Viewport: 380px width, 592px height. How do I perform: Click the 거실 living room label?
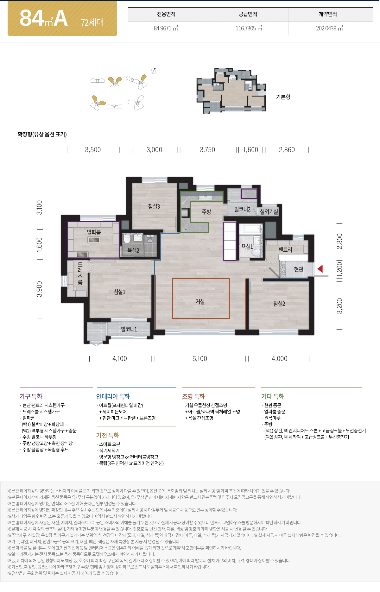coord(200,302)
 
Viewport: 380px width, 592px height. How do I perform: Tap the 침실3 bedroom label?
coord(154,206)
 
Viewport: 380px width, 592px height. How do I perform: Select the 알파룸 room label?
coord(94,232)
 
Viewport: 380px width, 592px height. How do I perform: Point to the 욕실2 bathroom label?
coord(133,250)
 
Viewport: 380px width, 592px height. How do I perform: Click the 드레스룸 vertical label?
coord(80,274)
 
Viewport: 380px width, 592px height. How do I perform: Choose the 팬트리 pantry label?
coord(285,250)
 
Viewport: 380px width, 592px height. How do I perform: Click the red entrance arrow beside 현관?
coord(320,269)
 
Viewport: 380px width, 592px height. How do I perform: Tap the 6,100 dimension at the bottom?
coord(199,359)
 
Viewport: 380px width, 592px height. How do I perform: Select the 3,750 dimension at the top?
coord(207,150)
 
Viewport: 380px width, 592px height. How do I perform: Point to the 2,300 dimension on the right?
coord(339,241)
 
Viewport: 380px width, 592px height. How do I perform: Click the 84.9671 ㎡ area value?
coord(166,28)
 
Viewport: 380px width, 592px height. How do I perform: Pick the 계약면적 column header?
coord(328,14)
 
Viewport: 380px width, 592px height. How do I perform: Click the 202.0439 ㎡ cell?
coord(329,28)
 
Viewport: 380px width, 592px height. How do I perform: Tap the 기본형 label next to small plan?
coord(283,97)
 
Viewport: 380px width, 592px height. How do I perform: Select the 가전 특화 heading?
coord(108,435)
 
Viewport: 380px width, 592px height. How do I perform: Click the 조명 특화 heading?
coord(193,396)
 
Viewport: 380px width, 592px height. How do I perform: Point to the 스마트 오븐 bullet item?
coord(110,444)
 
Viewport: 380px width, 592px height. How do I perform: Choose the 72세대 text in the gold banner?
coord(92,22)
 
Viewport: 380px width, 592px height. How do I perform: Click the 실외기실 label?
coord(269,211)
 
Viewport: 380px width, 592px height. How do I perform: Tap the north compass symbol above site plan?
coord(154,71)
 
